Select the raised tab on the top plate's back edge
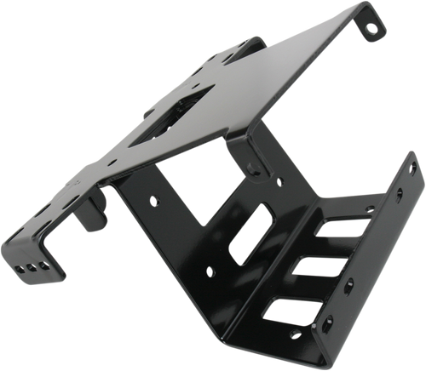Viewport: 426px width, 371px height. coord(255,40)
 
